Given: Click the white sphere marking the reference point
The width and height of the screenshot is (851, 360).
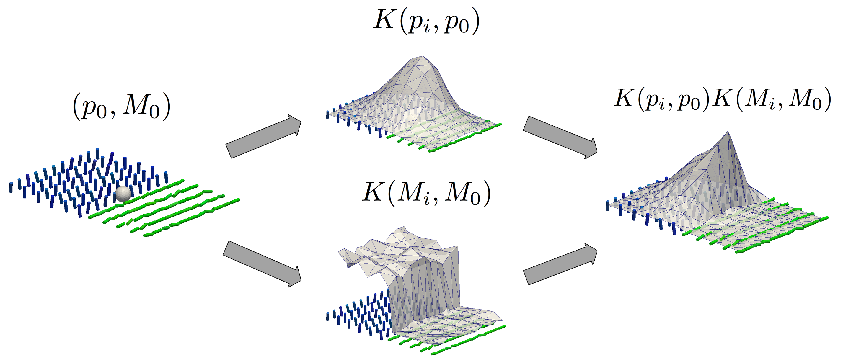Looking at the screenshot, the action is (x=123, y=194).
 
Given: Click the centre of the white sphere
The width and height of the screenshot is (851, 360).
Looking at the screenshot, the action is (x=123, y=194).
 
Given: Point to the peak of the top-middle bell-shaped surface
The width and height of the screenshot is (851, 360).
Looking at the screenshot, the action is (x=423, y=56).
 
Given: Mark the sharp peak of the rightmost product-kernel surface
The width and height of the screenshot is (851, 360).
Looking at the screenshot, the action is (x=728, y=131).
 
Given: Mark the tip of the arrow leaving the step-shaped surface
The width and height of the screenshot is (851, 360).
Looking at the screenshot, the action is (x=597, y=251).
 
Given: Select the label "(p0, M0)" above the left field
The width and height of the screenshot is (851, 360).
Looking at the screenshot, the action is (x=122, y=108).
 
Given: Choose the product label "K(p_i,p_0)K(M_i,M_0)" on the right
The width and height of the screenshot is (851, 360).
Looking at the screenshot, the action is (x=723, y=99).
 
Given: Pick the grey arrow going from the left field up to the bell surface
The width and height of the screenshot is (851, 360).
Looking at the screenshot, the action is (x=263, y=136).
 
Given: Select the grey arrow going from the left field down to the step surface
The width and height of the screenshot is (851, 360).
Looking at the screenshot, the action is (x=262, y=264).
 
